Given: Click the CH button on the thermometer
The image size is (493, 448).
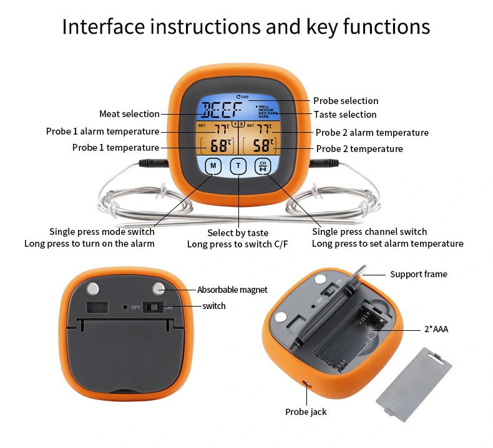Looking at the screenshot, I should pos(263,166).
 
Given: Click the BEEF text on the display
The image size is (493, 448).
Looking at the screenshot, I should pos(223,111).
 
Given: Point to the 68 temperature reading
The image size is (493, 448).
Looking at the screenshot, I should pos(219,147).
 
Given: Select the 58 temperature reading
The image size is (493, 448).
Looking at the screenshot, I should pos(263,147).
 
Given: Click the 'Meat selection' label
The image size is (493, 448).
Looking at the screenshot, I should pos(129,114).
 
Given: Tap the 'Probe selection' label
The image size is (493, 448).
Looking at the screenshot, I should pos(346,101).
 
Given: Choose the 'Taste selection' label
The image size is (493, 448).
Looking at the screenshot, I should pos(345,115).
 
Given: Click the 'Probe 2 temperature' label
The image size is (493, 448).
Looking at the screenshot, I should pos(359,149).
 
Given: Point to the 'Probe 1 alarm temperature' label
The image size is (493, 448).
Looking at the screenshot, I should pos(102,131).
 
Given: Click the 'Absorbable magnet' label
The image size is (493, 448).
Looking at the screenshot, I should pos(232,290).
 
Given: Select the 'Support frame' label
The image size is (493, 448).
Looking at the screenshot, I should pos(418,274).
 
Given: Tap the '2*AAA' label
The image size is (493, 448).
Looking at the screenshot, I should pos(436,329).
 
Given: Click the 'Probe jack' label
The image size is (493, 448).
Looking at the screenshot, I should pos(306,412).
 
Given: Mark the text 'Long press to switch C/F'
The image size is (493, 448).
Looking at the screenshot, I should pos(238,244).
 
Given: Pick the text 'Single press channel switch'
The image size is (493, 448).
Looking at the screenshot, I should pos(369,232).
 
